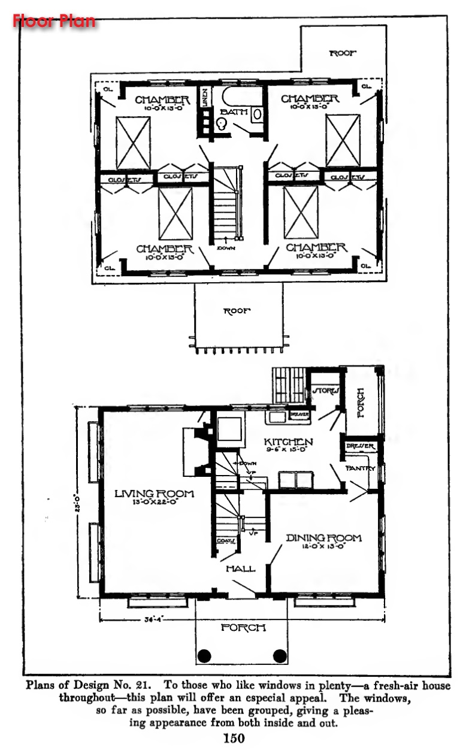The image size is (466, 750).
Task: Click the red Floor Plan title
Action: [x=55, y=21]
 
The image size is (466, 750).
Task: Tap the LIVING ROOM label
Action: [x=155, y=494]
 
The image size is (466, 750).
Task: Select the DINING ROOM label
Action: [x=323, y=538]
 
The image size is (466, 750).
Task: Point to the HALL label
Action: [x=240, y=568]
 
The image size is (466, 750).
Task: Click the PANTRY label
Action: [x=360, y=468]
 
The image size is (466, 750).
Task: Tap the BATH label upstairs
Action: [x=233, y=112]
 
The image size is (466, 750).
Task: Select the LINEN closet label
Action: [x=205, y=96]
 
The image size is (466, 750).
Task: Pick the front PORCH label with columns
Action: [x=243, y=628]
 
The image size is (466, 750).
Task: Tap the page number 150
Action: [x=233, y=738]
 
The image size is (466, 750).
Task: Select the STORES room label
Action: [x=326, y=391]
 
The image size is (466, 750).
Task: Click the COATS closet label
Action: [x=225, y=541]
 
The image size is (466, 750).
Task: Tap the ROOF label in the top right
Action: [x=343, y=53]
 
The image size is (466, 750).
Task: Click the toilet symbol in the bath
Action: [x=221, y=124]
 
